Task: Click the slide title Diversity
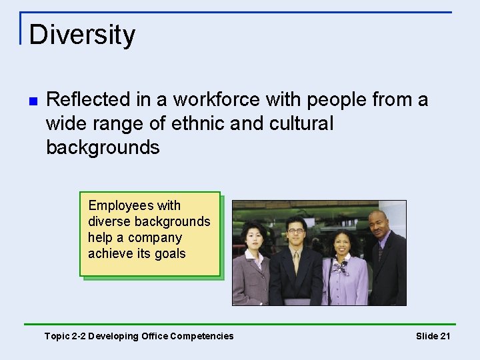[82, 35]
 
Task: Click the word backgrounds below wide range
[103, 148]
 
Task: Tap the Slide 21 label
[433, 336]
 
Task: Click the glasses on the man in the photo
[295, 231]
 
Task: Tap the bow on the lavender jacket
[341, 267]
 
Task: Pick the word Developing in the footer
[115, 336]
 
